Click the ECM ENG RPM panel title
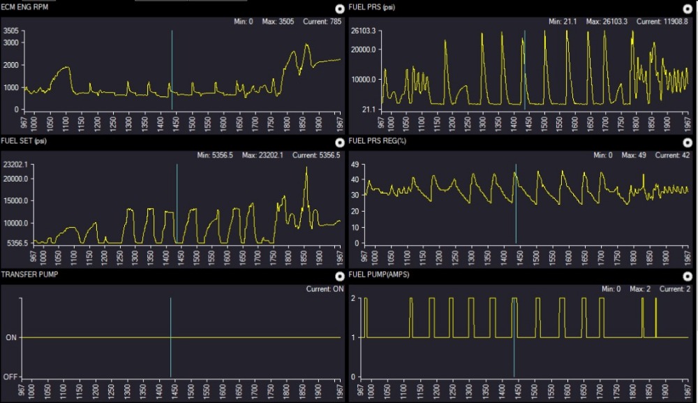(x=24, y=7)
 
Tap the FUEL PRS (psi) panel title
(x=372, y=7)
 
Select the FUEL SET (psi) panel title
(x=24, y=141)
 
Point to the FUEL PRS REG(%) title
(x=377, y=141)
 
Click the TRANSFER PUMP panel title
(x=29, y=274)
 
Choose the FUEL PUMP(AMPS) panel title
(x=379, y=274)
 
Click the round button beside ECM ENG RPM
(x=340, y=8)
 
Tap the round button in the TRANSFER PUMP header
(x=340, y=276)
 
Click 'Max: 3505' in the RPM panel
(x=278, y=22)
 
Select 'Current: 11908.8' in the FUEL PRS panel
(x=662, y=22)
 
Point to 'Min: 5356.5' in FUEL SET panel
(x=215, y=155)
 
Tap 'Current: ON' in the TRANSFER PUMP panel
(x=325, y=289)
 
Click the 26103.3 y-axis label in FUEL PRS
(x=363, y=31)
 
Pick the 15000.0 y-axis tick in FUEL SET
(x=16, y=201)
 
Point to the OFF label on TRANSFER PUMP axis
(x=10, y=377)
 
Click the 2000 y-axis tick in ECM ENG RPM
(x=11, y=65)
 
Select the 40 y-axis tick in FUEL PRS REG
(x=355, y=180)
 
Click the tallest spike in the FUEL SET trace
(x=306, y=168)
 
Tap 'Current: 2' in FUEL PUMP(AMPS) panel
(x=675, y=289)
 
